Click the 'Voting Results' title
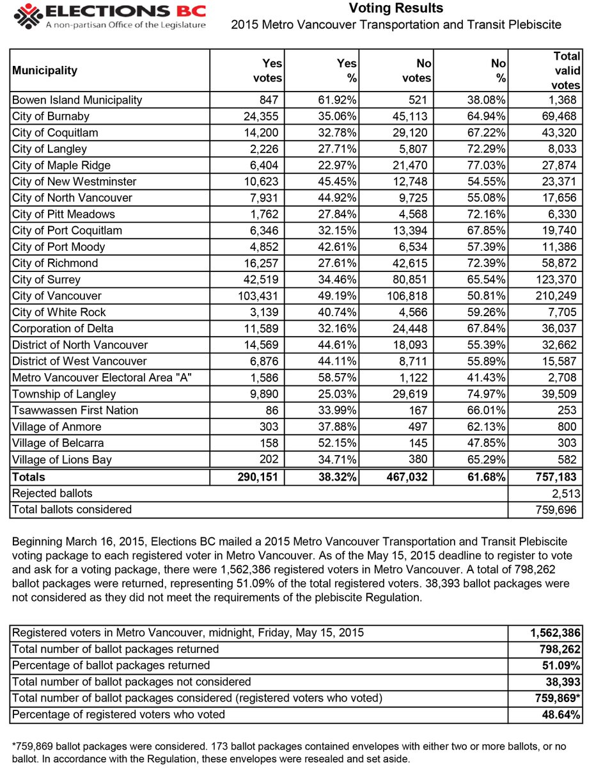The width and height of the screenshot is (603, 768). (396, 8)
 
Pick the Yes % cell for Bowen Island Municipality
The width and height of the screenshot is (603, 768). (338, 100)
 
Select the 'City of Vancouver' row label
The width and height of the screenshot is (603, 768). (57, 296)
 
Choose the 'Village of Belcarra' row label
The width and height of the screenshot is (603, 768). (58, 443)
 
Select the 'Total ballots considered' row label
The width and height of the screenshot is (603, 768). (72, 509)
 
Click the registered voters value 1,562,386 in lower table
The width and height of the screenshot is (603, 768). (554, 633)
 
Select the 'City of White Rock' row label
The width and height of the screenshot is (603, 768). (59, 312)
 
